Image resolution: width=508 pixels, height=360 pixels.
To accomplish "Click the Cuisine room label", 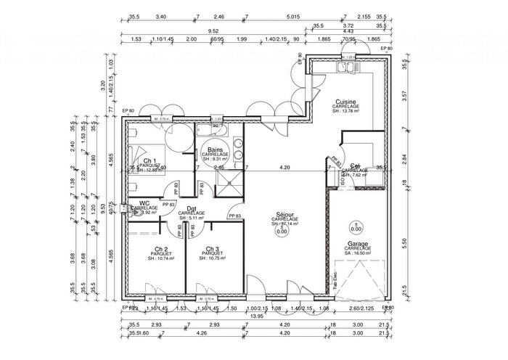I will coord(345,102).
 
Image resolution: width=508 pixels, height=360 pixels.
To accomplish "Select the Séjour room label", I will coord(274,215).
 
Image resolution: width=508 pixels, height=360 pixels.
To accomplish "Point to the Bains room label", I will coord(215,150).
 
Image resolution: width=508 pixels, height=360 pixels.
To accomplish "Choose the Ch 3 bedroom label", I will coord(212,248).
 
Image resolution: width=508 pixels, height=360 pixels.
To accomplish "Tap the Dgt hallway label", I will coord(192,208).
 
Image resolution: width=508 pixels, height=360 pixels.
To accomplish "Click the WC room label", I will coord(144,203).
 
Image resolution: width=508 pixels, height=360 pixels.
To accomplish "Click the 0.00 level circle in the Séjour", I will coord(271,232).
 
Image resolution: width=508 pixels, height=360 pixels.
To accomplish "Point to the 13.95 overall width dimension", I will coord(258,316).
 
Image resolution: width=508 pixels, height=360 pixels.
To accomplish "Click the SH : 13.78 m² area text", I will coord(345,112).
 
